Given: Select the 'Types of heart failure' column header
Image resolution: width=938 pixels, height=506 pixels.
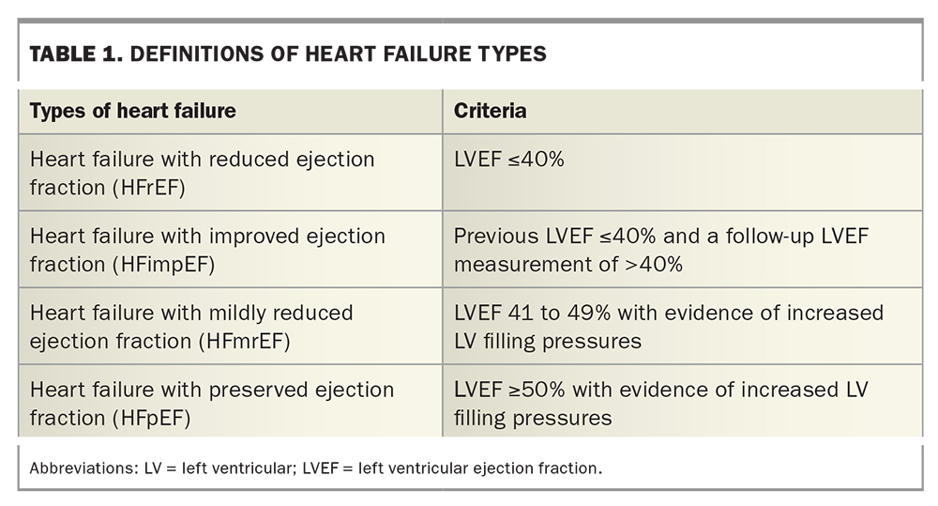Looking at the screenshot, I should (x=132, y=111).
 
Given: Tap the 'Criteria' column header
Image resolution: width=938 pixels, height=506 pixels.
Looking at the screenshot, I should (x=490, y=111).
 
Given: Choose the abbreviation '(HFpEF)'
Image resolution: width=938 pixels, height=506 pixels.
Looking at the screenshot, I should (x=150, y=418).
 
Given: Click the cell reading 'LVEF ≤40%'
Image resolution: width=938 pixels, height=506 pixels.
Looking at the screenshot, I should (x=508, y=160).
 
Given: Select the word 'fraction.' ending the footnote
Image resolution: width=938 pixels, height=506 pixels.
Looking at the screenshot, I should (x=569, y=468).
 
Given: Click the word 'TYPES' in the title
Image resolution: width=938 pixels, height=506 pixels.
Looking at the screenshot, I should (x=510, y=54).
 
